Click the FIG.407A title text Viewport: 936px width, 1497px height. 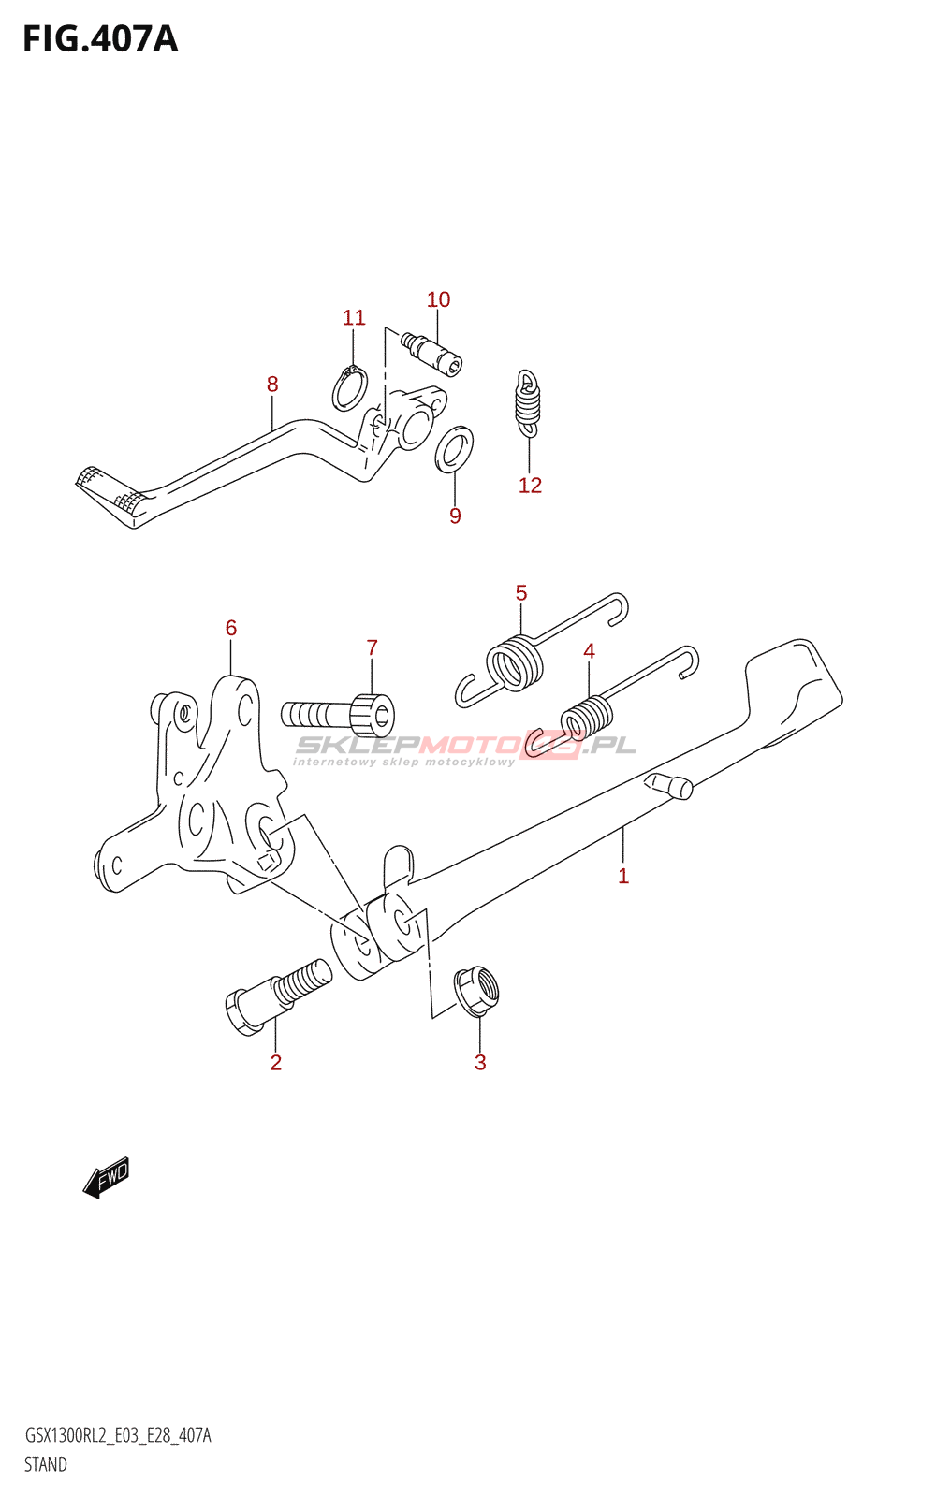[100, 39]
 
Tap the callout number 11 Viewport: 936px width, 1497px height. [354, 318]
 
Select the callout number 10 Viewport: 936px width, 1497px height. [438, 299]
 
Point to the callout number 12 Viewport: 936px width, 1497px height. [530, 485]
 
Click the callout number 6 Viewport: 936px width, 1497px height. [231, 628]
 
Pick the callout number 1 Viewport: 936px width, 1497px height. [623, 876]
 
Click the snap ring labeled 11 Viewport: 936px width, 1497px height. [350, 388]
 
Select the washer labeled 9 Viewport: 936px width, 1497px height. [455, 449]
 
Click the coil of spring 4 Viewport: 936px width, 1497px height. [587, 718]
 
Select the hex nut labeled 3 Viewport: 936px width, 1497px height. [476, 990]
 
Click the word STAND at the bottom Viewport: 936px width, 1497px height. [45, 1464]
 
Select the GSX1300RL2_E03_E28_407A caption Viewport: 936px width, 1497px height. [117, 1435]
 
